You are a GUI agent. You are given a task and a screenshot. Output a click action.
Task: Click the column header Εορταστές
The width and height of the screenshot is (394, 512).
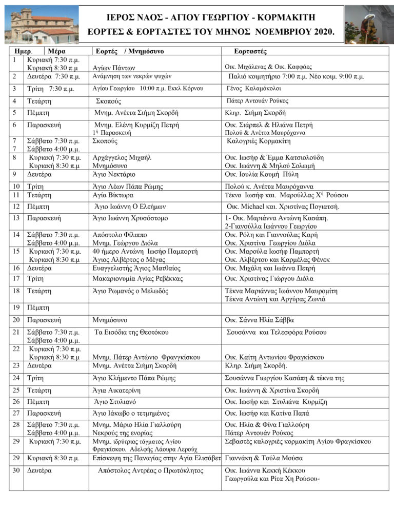[x=250, y=51]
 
